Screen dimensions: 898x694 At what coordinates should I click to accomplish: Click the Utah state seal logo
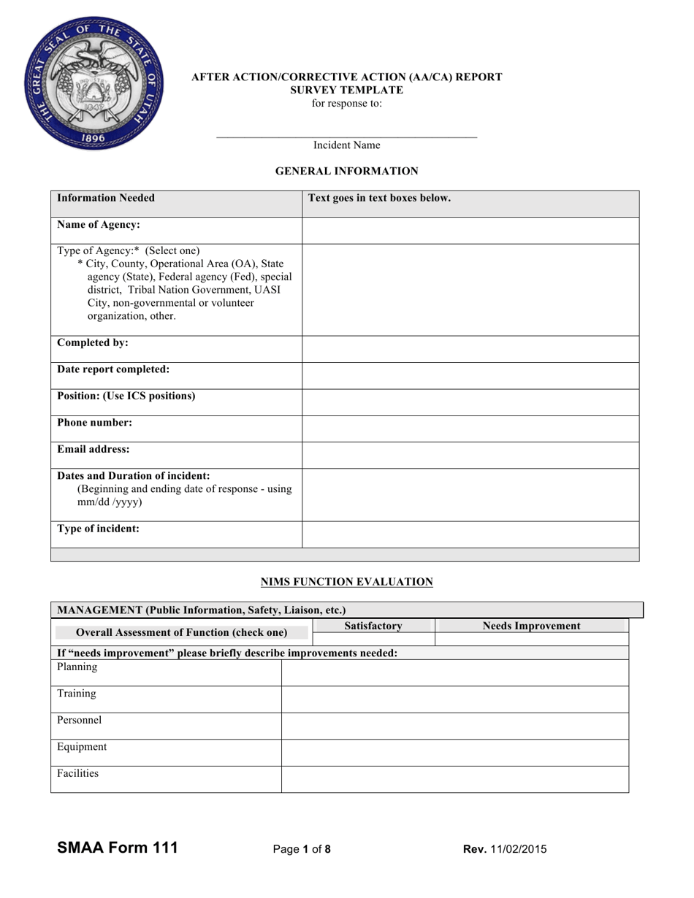pyautogui.click(x=94, y=82)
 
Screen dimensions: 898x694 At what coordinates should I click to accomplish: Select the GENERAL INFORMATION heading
pyautogui.click(x=346, y=171)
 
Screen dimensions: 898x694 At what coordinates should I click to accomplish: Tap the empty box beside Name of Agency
pyautogui.click(x=470, y=230)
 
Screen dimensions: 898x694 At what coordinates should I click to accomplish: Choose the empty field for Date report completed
pyautogui.click(x=470, y=375)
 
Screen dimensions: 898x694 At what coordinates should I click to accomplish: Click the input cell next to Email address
pyautogui.click(x=470, y=455)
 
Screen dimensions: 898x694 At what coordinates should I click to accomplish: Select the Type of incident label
pyautogui.click(x=98, y=529)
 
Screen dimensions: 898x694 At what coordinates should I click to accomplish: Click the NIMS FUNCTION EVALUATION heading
pyautogui.click(x=347, y=582)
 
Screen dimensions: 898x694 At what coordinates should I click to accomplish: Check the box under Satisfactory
pyautogui.click(x=373, y=639)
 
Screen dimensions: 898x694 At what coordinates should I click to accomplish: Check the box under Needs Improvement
pyautogui.click(x=531, y=639)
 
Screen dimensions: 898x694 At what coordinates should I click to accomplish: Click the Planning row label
pyautogui.click(x=77, y=667)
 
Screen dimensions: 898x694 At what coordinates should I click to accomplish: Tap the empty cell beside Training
pyautogui.click(x=454, y=699)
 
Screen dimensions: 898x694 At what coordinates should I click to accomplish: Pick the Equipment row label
pyautogui.click(x=82, y=747)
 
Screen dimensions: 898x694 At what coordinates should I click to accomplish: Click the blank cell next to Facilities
pyautogui.click(x=454, y=779)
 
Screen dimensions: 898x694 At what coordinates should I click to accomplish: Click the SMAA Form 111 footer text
pyautogui.click(x=118, y=848)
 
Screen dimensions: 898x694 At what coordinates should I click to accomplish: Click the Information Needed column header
pyautogui.click(x=106, y=198)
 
